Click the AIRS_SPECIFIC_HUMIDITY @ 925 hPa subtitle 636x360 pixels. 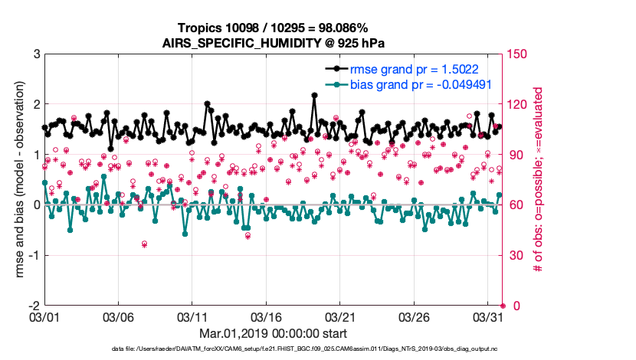(273, 43)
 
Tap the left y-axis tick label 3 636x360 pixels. (35, 54)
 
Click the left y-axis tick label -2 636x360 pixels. (33, 306)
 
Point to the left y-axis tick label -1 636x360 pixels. (33, 255)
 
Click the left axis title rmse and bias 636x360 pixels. (17, 180)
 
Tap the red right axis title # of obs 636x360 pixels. (539, 180)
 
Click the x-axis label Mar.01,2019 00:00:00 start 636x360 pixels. (273, 333)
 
